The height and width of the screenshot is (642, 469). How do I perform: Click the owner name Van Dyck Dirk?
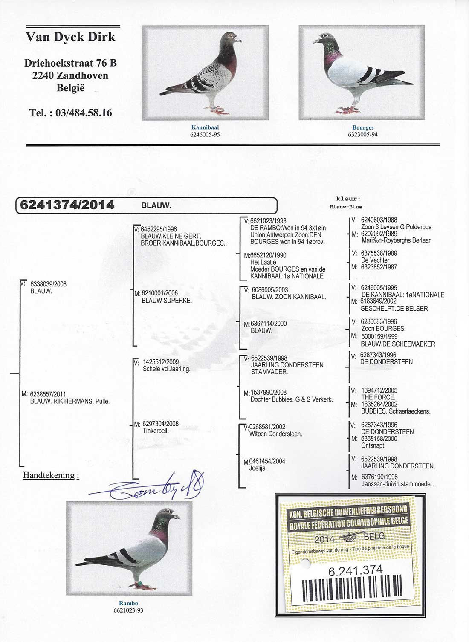70,37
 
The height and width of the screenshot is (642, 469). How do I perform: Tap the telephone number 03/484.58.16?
70,113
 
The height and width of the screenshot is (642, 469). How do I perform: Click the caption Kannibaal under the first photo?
205,127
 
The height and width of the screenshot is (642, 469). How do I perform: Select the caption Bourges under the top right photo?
362,127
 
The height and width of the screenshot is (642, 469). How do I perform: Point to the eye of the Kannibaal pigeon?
232,36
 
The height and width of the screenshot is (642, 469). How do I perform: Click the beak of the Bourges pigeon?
316,41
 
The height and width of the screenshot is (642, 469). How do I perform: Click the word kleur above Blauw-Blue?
348,199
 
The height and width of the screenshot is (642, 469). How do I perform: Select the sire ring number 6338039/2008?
49,284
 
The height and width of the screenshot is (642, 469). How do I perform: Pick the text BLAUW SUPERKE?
167,301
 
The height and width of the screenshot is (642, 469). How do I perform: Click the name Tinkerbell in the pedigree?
156,431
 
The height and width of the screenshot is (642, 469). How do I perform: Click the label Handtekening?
50,475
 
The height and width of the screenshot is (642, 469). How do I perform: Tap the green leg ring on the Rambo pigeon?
138,584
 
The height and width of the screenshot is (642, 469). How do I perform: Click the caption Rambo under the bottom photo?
128,603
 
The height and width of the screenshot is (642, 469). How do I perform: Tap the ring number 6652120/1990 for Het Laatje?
268,255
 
